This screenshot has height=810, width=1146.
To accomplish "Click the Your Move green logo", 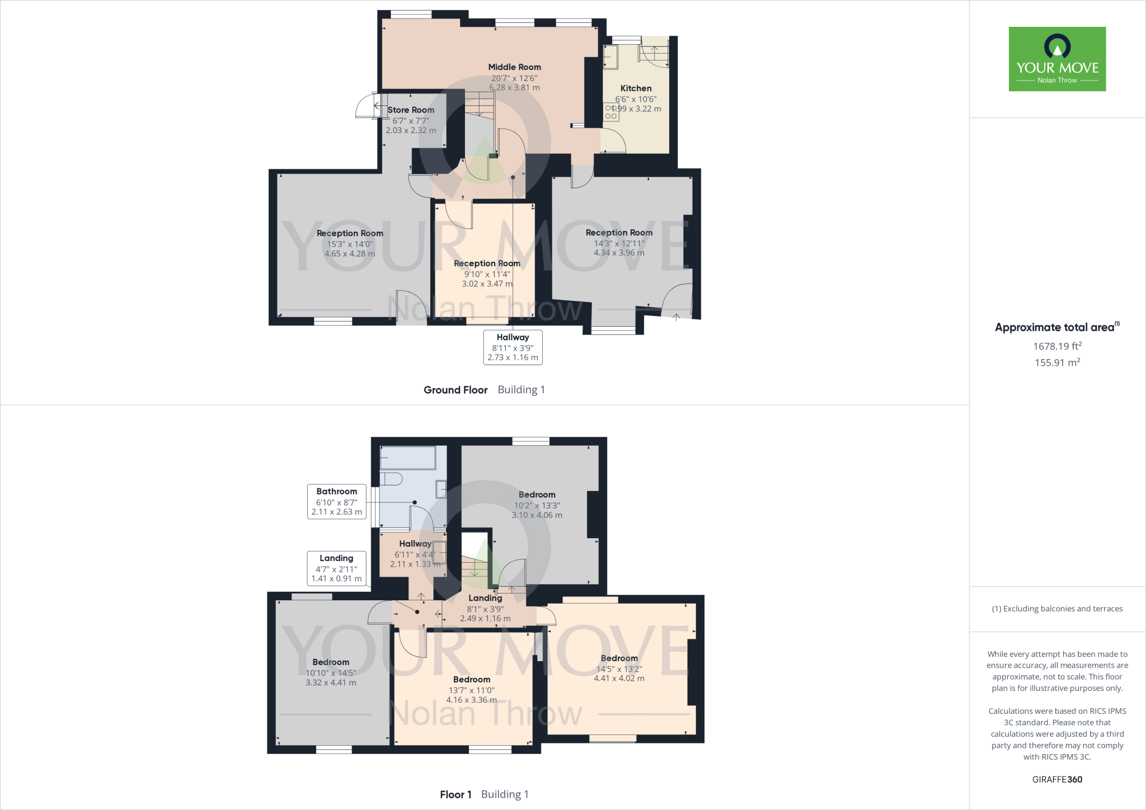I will coord(1057,59).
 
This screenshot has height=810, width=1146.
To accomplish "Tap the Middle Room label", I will coord(514,67).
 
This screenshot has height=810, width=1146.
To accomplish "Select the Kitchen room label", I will coord(636,88).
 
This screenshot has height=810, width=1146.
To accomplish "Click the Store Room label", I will coord(411,110).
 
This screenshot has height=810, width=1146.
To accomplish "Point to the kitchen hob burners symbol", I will coord(611,112).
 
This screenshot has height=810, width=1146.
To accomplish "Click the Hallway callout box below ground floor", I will coord(513,347).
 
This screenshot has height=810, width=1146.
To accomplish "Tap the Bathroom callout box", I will coord(337,502).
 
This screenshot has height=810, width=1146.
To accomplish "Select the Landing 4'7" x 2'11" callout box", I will coord(336,568).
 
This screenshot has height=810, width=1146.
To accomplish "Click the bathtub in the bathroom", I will coord(407,458).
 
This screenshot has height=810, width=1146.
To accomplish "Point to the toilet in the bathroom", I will coord(391,479).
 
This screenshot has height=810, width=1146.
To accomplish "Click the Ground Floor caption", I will coord(455,390).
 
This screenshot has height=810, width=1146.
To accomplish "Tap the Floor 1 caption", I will coord(455,794).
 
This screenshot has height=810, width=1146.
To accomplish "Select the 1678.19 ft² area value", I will coord(1057,346).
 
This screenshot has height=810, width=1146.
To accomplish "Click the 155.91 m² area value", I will coord(1057,362).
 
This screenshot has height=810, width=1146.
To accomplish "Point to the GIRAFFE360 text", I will coord(1057,779).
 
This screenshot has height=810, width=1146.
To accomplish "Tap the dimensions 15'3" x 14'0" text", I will coord(350,244).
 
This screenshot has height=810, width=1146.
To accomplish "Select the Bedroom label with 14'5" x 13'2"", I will coord(619,658).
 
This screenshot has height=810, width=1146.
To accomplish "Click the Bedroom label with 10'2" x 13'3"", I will coord(537,495).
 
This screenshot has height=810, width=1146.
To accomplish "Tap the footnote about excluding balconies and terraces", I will coord(1057,609).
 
